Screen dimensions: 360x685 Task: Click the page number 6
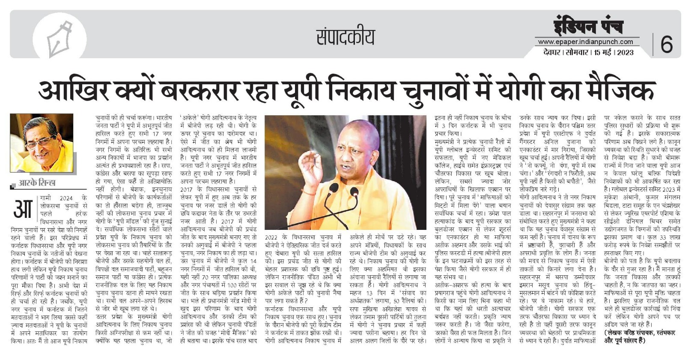pyautogui.click(x=667, y=44)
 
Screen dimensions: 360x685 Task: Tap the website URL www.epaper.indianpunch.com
pyautogui.click(x=585, y=42)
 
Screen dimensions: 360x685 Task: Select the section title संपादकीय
pyautogui.click(x=345, y=37)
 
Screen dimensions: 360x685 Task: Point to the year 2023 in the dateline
pyautogui.click(x=625, y=52)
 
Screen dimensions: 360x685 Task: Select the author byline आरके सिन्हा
pyautogui.click(x=37, y=183)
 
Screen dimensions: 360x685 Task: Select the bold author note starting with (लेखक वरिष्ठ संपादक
pyautogui.click(x=639, y=336)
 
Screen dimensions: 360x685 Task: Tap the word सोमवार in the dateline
pyautogui.click(x=576, y=52)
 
